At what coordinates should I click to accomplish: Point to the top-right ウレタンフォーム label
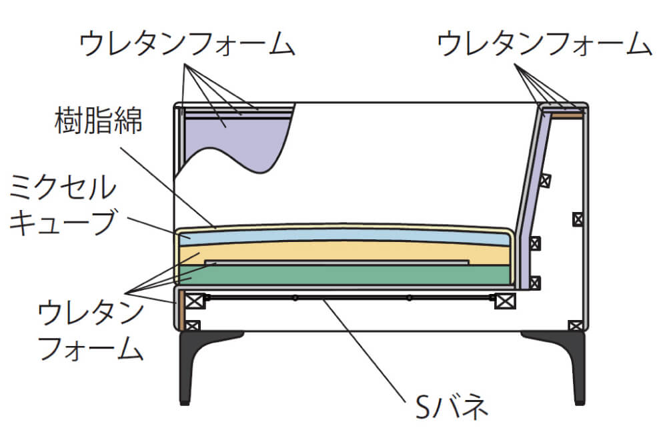click(544, 43)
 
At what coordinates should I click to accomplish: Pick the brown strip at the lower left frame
click(180, 311)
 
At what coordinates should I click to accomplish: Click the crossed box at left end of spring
click(194, 301)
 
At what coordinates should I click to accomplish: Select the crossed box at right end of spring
click(505, 301)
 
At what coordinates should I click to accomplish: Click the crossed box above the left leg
click(193, 326)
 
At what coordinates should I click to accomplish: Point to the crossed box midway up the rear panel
click(578, 219)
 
